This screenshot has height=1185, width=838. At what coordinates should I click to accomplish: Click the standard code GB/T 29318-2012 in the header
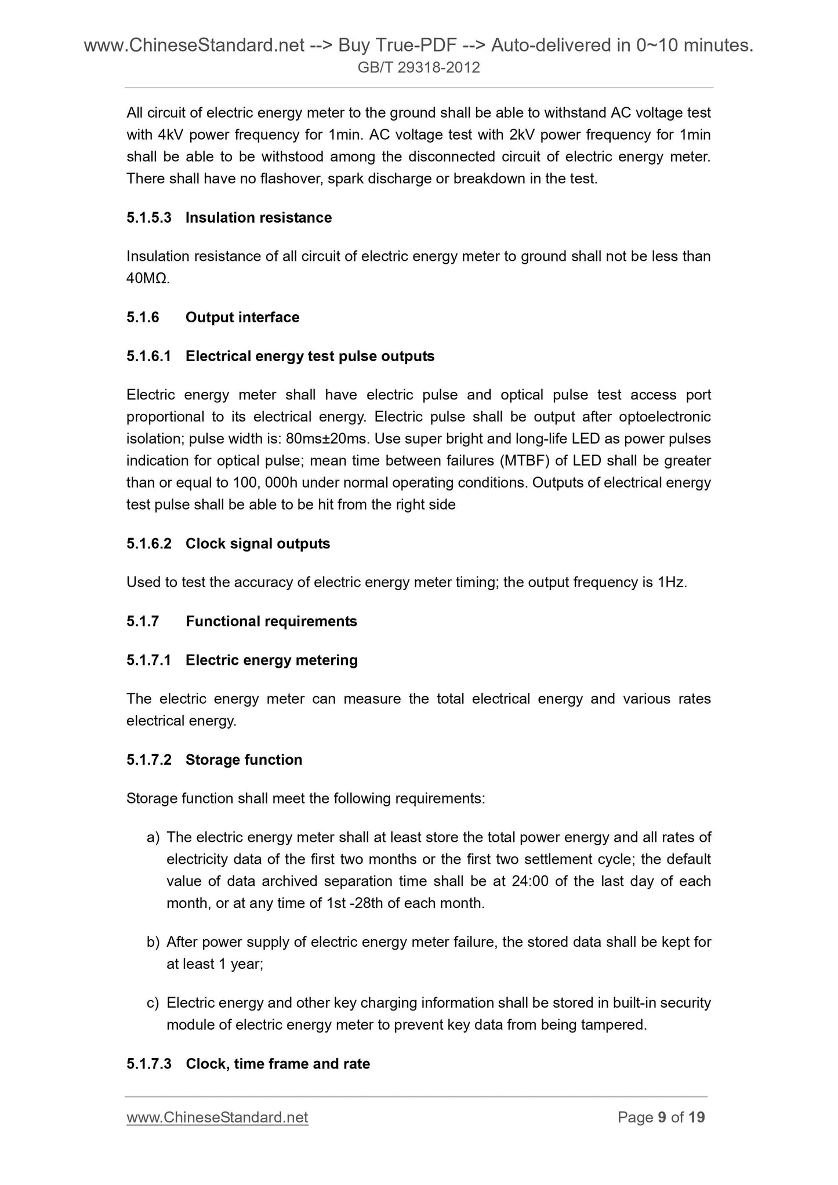coord(419,68)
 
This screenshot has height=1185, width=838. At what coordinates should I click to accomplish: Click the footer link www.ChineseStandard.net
coord(217,1117)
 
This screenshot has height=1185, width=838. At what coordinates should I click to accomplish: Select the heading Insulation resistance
coord(259,218)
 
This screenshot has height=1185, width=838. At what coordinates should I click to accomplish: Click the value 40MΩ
coord(147,278)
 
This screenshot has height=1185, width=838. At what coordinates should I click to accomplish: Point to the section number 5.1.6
coord(143,318)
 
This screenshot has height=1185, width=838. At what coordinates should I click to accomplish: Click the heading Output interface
coord(242,318)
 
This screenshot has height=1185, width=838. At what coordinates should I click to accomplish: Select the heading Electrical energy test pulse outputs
coord(310,357)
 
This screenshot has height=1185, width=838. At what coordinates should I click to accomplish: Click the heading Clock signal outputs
coord(257,544)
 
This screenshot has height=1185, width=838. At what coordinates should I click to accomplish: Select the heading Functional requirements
coord(271,621)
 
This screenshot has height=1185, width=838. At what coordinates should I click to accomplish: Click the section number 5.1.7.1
coord(149,660)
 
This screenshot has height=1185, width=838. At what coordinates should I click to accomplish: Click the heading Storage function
coord(244,760)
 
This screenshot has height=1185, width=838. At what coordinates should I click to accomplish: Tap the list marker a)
coord(153,838)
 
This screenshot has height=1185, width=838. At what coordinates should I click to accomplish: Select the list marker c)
coord(153,1003)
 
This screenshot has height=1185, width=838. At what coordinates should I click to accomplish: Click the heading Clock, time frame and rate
coord(278,1064)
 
